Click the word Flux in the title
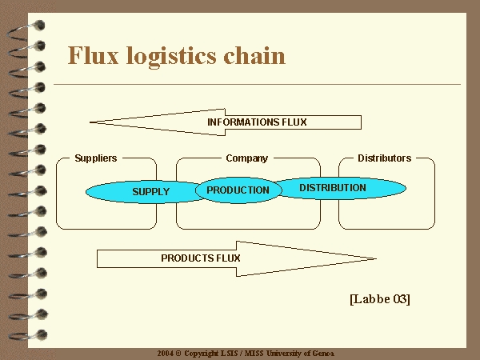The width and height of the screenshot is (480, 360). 93,55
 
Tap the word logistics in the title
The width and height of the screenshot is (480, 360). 171,58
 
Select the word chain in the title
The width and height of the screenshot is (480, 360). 254,55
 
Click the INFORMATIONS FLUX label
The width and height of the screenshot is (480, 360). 257,122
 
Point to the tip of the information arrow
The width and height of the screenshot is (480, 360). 90,122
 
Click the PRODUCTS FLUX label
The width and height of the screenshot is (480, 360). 201,258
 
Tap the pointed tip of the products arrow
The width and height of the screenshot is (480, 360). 376,258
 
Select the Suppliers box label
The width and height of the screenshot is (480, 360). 96,158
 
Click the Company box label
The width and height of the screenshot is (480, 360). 246,158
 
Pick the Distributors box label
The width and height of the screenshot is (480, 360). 385,158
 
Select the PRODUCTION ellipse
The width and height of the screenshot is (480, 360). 238,190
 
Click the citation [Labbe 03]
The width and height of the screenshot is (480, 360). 380,299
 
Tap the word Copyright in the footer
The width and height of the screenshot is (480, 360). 202,354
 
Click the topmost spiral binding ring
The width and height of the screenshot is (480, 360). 26,30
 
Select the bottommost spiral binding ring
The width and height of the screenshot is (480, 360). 28,335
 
